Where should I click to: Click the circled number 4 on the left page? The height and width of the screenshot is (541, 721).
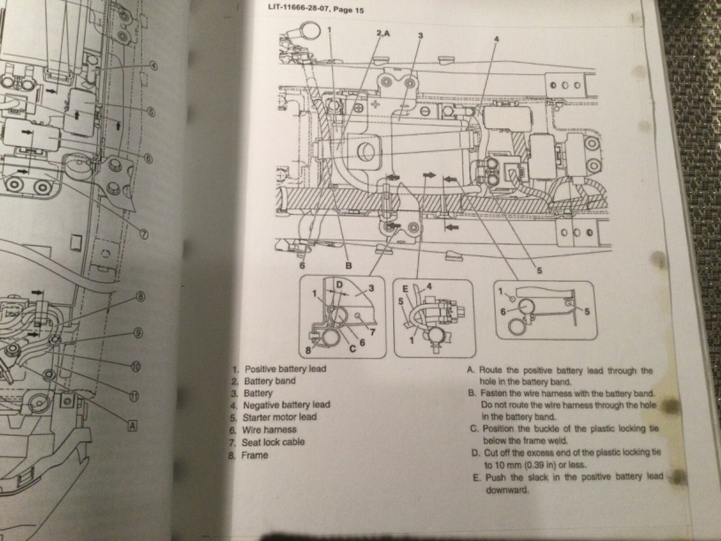[x=153, y=66]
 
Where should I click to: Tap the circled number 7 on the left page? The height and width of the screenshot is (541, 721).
[x=144, y=235]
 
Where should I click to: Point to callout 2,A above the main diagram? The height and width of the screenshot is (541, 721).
[x=383, y=34]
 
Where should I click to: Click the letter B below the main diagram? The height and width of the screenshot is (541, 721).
[x=347, y=266]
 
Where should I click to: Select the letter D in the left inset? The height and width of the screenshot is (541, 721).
[x=339, y=283]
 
